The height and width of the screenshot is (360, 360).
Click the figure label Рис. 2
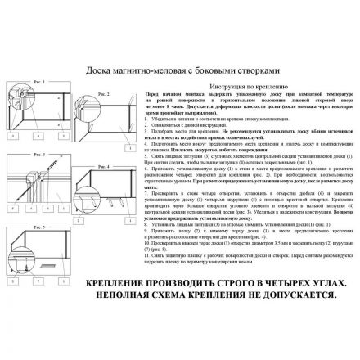(x=104, y=93)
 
